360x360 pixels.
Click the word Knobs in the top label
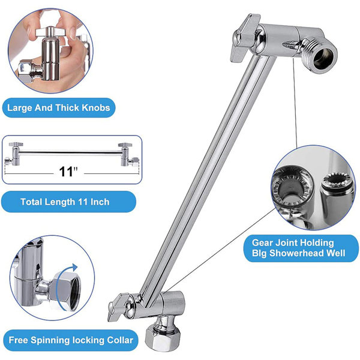[x=96, y=107]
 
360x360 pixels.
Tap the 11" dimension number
[x=68, y=171]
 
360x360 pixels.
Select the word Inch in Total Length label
[x=100, y=202]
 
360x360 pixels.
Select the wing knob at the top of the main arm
[x=244, y=38]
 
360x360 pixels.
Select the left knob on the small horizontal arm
[x=16, y=145]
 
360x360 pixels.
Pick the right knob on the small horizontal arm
[x=125, y=145]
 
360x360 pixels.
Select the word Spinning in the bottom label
[x=50, y=340]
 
